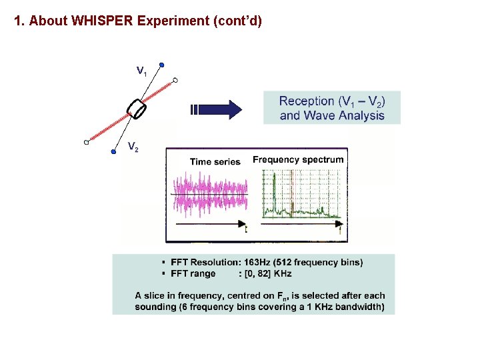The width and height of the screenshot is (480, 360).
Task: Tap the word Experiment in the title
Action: pyautogui.click(x=174, y=21)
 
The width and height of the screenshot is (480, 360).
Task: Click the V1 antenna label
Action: pyautogui.click(x=141, y=70)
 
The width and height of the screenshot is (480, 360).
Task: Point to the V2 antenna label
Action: pyautogui.click(x=133, y=147)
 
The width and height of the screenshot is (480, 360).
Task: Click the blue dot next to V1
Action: pyautogui.click(x=161, y=65)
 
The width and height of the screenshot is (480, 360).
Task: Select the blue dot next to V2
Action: pyautogui.click(x=113, y=152)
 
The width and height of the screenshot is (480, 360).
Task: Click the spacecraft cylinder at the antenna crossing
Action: pyautogui.click(x=138, y=109)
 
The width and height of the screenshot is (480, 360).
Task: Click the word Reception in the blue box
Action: pyautogui.click(x=306, y=101)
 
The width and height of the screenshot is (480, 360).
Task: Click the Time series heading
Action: pyautogui.click(x=215, y=161)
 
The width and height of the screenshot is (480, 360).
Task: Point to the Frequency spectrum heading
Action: pyautogui.click(x=298, y=159)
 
